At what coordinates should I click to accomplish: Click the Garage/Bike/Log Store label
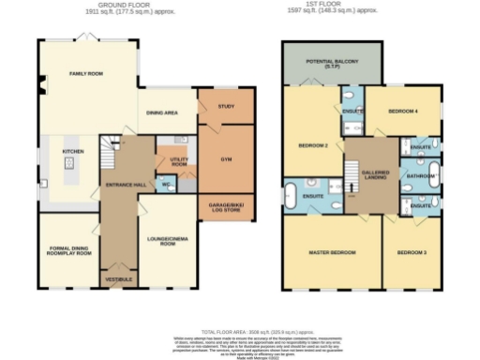pos(226,206)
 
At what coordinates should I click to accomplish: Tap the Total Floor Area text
pos(240,332)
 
